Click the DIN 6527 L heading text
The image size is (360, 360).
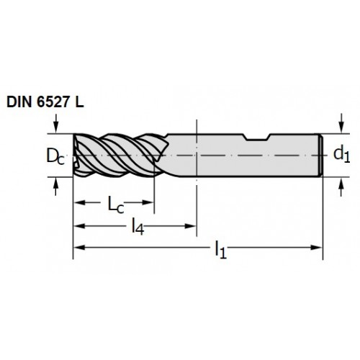(x=45, y=102)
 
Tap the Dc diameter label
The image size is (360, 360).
(x=55, y=156)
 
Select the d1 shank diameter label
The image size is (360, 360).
(x=342, y=154)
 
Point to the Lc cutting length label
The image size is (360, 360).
(x=116, y=204)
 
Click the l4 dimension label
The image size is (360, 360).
(x=138, y=227)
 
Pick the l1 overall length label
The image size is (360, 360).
(x=221, y=250)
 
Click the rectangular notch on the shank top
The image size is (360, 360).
(x=257, y=137)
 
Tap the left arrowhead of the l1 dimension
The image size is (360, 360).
(x=79, y=247)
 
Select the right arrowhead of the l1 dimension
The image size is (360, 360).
(x=316, y=247)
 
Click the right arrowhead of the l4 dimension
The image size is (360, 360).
(x=191, y=226)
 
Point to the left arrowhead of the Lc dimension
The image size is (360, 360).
(x=80, y=202)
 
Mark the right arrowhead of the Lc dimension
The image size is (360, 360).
(x=148, y=202)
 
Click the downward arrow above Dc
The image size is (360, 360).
(x=55, y=123)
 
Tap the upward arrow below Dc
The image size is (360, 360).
(x=55, y=186)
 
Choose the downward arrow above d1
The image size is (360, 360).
(x=341, y=123)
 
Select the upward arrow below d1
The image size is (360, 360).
(x=341, y=187)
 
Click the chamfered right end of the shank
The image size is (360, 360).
(x=321, y=156)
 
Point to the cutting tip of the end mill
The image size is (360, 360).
(x=73, y=156)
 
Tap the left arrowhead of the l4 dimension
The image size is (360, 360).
(x=79, y=226)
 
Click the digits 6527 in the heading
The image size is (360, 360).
(x=53, y=102)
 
